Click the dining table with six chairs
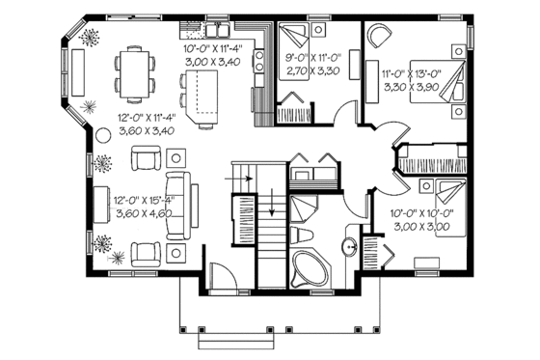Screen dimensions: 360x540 (134, 72)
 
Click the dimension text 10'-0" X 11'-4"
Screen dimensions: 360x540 (213, 47)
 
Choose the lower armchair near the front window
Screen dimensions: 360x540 (147, 254)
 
